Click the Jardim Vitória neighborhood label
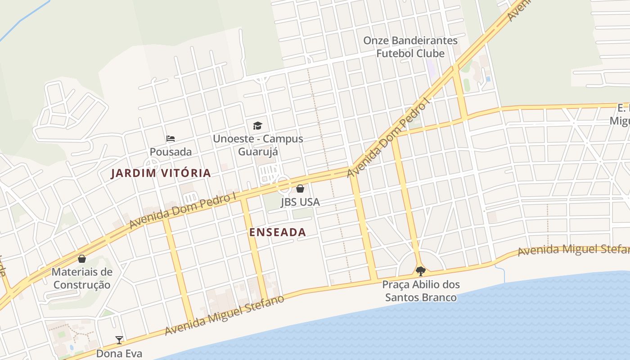(161, 173)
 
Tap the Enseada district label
(277, 232)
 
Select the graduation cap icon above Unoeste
(257, 126)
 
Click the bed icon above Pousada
(171, 138)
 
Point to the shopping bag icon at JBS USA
(300, 189)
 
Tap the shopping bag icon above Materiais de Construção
(82, 259)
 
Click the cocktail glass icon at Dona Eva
(119, 340)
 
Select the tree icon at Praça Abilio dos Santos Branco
(421, 271)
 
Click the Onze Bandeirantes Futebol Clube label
(410, 47)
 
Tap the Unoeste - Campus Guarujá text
(258, 145)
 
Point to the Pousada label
(171, 152)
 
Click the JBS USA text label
(300, 202)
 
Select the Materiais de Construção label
(81, 278)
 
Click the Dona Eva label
(119, 354)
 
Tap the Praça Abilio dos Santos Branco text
(421, 291)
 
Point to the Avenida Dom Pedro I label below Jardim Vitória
(183, 211)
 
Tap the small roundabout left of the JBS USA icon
(283, 184)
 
